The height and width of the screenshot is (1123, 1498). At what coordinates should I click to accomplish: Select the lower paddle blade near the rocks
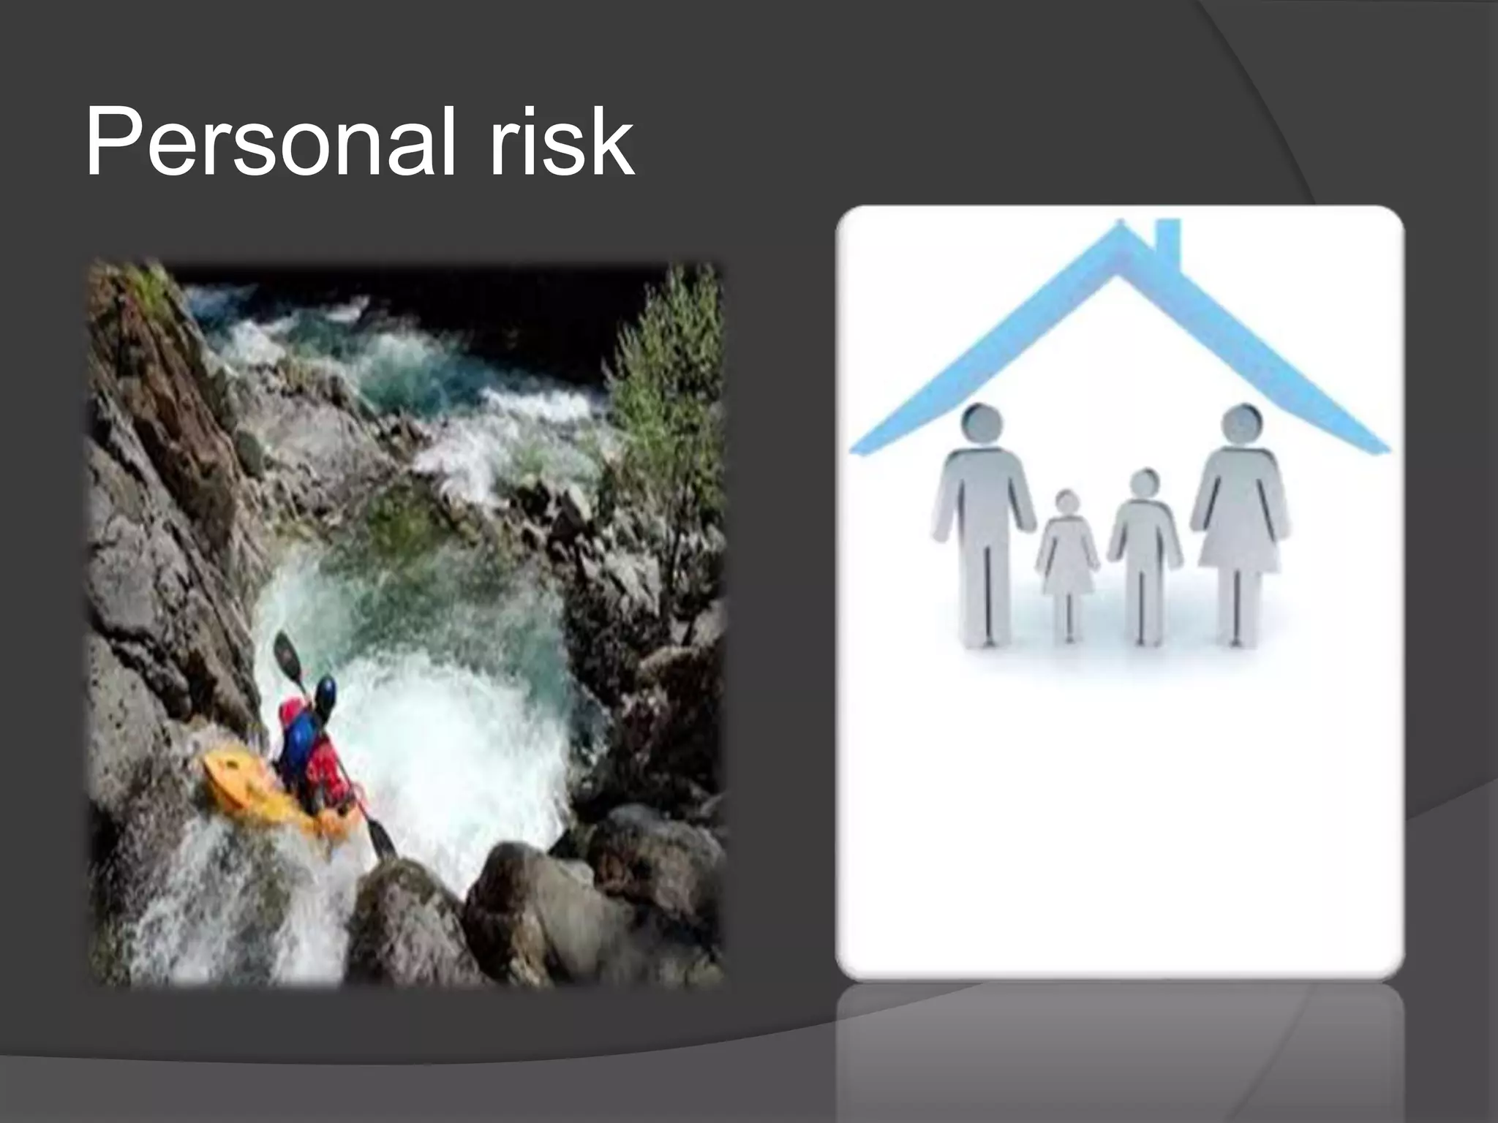click(381, 838)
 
